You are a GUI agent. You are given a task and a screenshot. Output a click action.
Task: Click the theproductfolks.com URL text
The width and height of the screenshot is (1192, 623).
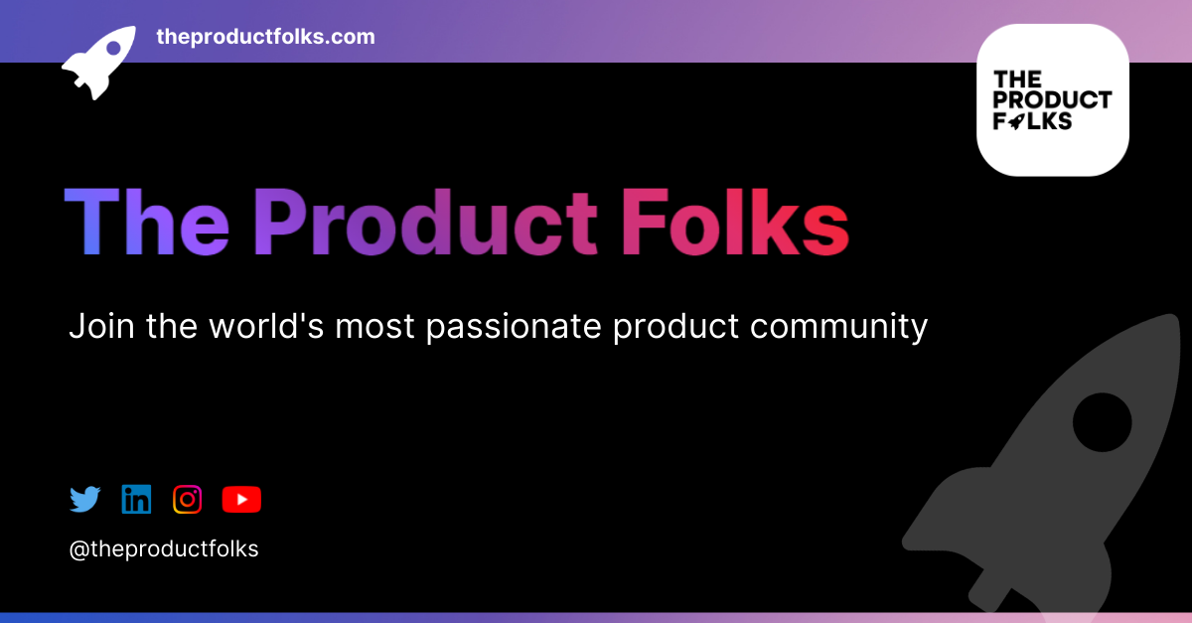pos(265,37)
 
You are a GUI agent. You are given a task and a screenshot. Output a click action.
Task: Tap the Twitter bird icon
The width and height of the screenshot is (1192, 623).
pos(85,499)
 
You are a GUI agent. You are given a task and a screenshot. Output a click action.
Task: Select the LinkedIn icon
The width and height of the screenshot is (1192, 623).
pos(136,499)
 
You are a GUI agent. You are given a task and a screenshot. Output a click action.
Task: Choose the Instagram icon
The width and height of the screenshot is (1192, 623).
pos(188,499)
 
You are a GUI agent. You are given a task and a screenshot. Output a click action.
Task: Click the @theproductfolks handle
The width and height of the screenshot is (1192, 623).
pos(164,548)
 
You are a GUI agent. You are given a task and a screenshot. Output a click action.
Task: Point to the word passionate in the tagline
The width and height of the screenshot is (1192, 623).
pos(514,326)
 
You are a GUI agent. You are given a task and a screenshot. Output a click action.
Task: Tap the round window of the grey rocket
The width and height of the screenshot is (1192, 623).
pos(1102,421)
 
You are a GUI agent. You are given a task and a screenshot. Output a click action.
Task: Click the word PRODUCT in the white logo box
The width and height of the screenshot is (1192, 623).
pos(1052,99)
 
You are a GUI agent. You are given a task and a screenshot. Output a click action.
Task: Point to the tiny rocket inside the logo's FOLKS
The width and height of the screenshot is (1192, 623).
pos(1017,121)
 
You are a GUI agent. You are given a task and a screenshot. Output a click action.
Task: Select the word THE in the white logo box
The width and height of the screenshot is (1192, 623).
pos(1016,78)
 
